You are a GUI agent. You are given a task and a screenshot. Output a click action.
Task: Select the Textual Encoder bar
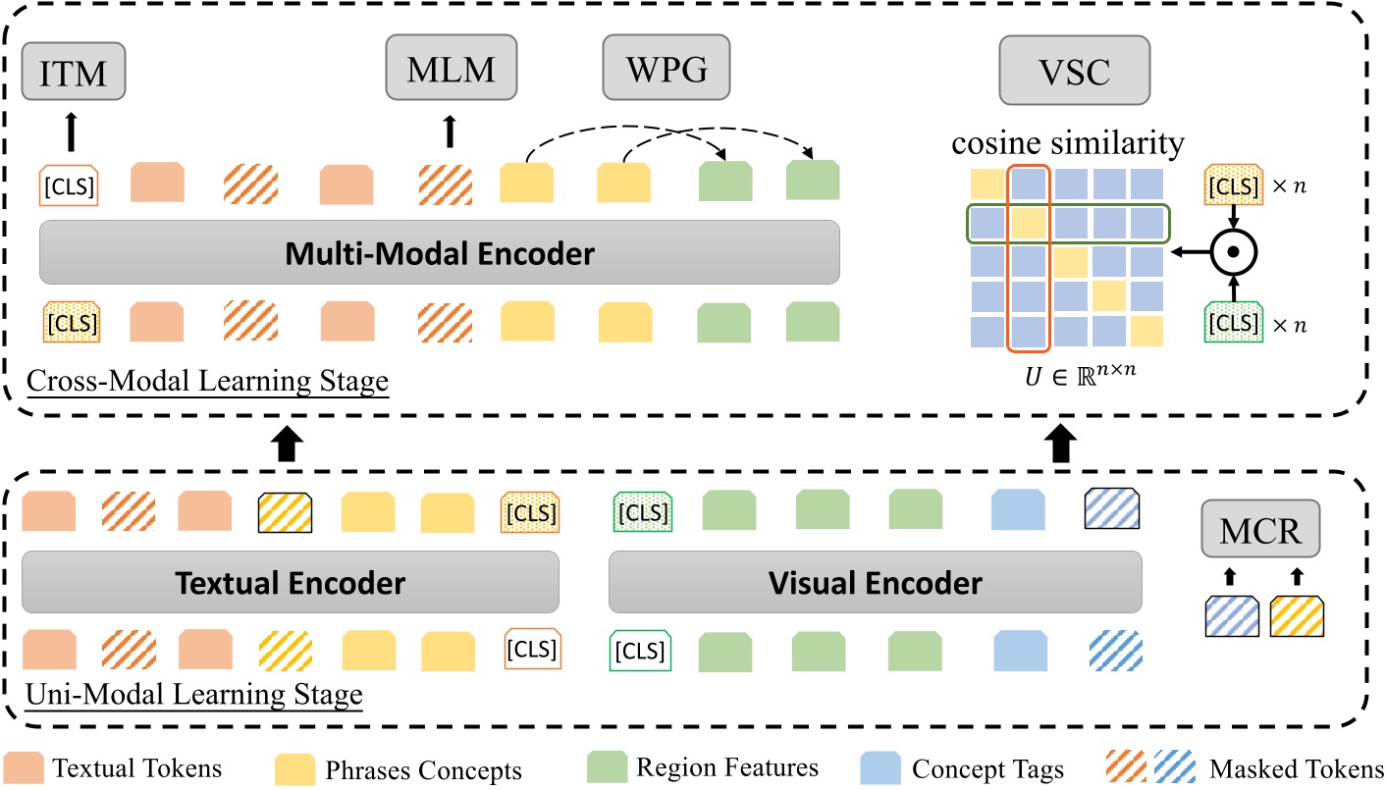290,583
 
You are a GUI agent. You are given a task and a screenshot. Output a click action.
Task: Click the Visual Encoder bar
876,583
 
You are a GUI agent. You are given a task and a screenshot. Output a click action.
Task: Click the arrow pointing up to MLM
449,132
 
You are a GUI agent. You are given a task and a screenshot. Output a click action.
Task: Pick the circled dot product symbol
1233,253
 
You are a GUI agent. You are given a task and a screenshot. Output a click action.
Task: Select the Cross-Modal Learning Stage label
207,381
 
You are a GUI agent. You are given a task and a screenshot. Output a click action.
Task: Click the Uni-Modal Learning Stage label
192,694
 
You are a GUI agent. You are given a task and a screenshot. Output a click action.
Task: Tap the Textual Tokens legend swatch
28,767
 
